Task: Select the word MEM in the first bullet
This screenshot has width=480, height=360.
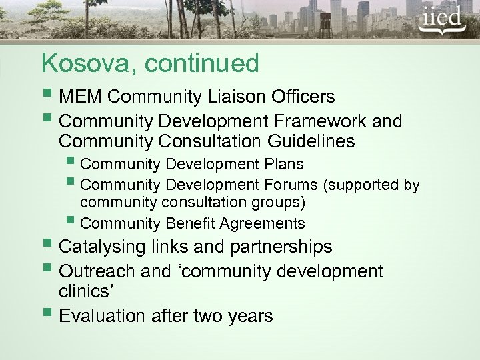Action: (x=81, y=97)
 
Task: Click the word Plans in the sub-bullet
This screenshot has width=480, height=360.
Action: (x=280, y=164)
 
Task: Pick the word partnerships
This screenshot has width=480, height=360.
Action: (x=281, y=247)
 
